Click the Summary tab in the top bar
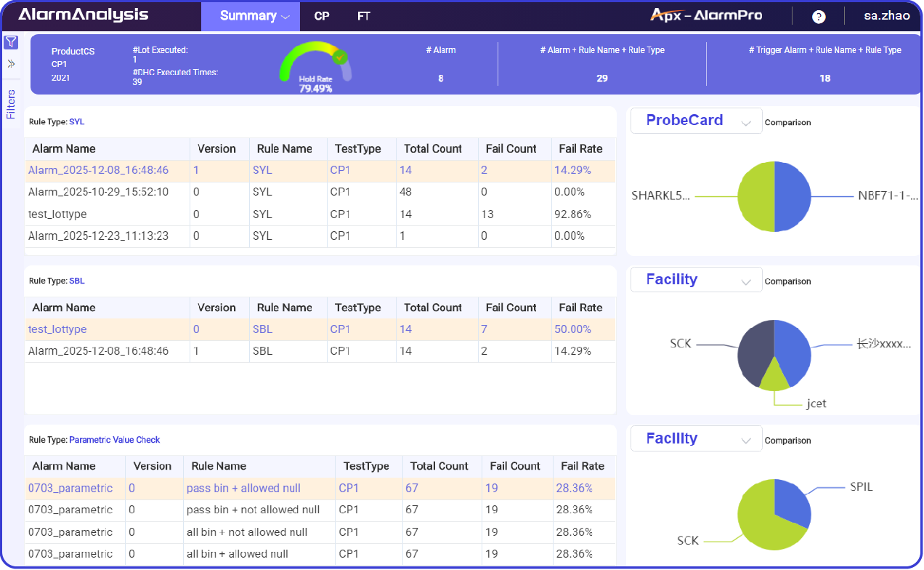coord(248,16)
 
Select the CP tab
coord(322,16)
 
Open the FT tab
coord(364,16)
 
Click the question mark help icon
coord(819,17)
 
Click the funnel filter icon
coord(11,42)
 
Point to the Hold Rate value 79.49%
coord(315,89)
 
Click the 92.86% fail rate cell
coord(572,214)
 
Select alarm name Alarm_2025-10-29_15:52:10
coord(98,193)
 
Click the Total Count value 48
coord(405,193)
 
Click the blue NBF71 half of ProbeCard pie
coord(792,196)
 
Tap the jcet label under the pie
coord(816,404)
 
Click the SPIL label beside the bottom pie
coord(861,486)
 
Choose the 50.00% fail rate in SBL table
coord(572,329)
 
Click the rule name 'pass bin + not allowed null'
coord(253,510)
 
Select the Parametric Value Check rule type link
coord(114,440)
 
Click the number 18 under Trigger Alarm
coord(824,79)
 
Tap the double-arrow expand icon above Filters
coord(11,63)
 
